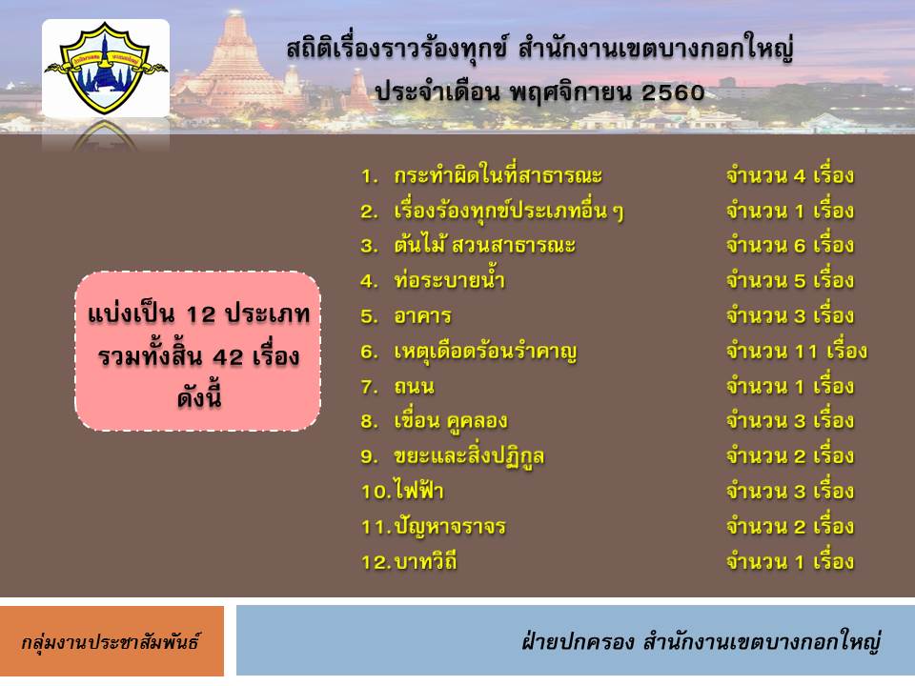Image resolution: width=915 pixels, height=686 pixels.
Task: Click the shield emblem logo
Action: click(106, 67)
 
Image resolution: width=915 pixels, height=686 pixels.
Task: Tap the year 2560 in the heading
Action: click(673, 92)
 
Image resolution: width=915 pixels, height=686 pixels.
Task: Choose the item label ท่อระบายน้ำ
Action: click(449, 280)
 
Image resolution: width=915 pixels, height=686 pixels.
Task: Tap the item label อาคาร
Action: click(422, 316)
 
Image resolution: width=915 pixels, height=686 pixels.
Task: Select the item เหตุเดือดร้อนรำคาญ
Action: click(485, 352)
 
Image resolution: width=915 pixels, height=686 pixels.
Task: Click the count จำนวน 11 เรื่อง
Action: click(797, 352)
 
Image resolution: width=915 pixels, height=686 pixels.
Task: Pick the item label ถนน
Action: click(414, 386)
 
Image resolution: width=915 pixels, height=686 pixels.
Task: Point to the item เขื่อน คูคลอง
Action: click(451, 421)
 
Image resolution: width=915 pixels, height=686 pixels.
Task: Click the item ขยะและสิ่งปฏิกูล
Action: click(469, 456)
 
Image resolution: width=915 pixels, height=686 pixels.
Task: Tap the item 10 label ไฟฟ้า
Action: click(419, 491)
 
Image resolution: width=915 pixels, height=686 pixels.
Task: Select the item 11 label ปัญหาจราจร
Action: click(449, 527)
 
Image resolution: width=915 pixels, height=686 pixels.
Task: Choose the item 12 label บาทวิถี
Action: click(425, 561)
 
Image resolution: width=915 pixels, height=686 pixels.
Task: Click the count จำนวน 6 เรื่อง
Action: click(790, 245)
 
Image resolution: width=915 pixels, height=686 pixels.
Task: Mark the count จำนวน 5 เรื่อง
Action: click(790, 280)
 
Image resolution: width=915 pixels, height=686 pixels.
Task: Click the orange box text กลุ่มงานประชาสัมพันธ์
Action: click(111, 642)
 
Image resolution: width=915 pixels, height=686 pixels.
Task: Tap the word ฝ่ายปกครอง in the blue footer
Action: click(578, 641)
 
